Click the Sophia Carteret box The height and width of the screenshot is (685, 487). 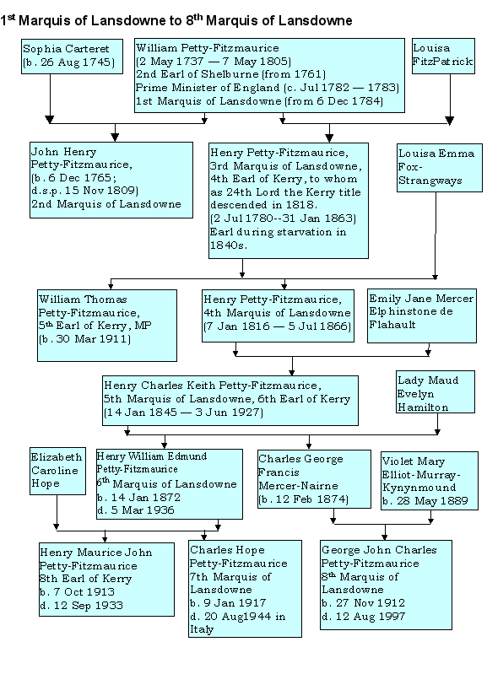[72, 57]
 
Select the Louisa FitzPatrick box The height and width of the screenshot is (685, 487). [443, 56]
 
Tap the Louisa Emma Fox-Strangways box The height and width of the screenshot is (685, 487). [440, 168]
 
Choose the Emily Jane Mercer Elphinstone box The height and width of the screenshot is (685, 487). [422, 316]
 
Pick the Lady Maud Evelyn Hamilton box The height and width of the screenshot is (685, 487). [436, 392]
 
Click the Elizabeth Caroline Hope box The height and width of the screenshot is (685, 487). [57, 471]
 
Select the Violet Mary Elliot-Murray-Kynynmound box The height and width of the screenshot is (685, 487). [430, 481]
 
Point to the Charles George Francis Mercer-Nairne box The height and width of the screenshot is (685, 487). [314, 479]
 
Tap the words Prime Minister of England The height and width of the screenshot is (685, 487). [208, 88]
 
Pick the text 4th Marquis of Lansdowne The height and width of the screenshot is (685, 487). [277, 313]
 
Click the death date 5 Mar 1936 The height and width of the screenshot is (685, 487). [143, 510]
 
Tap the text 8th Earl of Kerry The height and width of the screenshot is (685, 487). [86, 579]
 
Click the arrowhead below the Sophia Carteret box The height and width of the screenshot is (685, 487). [50, 119]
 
